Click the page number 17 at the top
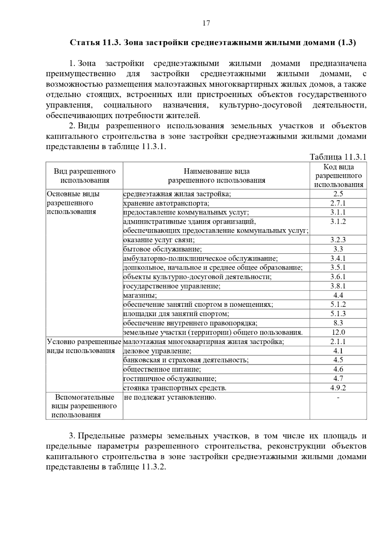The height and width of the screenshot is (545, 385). coord(206,23)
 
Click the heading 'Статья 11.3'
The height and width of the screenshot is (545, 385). coord(95,43)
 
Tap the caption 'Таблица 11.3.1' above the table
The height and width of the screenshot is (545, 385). coord(338,157)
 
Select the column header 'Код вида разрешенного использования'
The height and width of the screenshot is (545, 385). coord(338,176)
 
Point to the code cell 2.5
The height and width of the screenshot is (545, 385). coord(338,194)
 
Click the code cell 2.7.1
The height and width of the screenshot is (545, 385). coord(338,203)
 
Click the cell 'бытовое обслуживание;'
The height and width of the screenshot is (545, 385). coord(163,249)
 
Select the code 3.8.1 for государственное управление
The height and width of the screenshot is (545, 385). coord(338,286)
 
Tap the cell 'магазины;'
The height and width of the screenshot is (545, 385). coord(140,295)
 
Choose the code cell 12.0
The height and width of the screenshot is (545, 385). coord(338,333)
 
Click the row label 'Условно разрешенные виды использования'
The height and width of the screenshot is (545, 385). coord(84,346)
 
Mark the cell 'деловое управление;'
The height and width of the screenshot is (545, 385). coord(157,351)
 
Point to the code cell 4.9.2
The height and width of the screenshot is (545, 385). coord(338,388)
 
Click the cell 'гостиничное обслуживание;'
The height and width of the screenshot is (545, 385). coord(170,379)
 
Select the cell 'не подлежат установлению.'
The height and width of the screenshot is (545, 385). coord(170,398)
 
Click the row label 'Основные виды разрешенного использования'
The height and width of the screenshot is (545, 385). coord(73,203)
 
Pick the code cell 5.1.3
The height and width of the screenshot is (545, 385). coord(338,314)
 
